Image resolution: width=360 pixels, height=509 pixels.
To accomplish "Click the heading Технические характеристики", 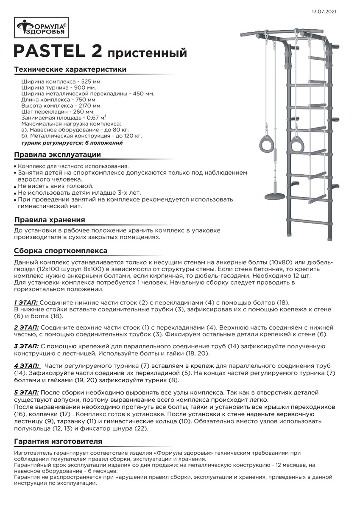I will (x=70, y=70).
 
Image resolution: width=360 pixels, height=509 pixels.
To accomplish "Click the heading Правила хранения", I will (x=50, y=220).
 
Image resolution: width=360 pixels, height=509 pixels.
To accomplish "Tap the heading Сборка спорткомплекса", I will (x=61, y=251).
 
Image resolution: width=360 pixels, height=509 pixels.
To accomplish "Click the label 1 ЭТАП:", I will (x=26, y=302).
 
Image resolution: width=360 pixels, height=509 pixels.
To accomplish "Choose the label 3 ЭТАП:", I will (x=26, y=346).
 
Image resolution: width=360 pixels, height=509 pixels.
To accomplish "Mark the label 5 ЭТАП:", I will (x=26, y=393).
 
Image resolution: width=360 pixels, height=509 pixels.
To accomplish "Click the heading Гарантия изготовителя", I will (x=58, y=442).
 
